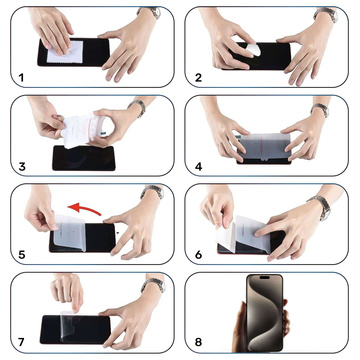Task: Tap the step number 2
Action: (198, 76)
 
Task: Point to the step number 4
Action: (198, 165)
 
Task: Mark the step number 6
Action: (198, 254)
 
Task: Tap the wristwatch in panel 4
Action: (320, 110)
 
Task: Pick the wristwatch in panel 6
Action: (320, 203)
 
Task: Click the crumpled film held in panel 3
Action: (80, 128)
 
